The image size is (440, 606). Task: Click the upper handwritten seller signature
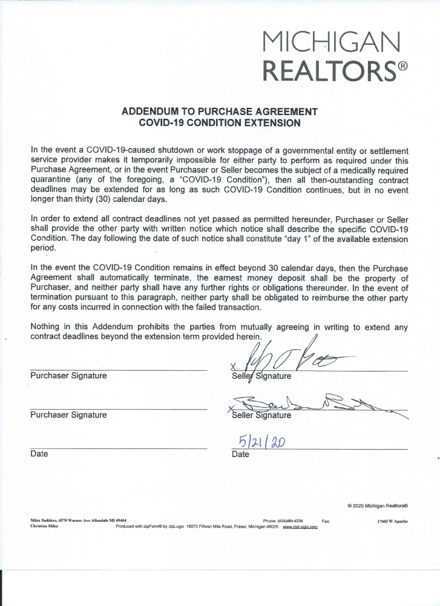[x=284, y=359]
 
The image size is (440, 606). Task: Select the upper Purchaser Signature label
[x=68, y=376]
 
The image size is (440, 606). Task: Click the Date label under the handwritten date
[x=240, y=454]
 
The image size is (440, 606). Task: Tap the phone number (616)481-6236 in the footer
[x=292, y=521]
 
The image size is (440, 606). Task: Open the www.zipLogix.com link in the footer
[x=300, y=527]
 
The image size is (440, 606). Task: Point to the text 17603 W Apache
[x=392, y=521]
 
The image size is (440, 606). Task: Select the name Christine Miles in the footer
[x=44, y=527]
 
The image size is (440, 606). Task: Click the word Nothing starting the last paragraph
[x=47, y=327]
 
